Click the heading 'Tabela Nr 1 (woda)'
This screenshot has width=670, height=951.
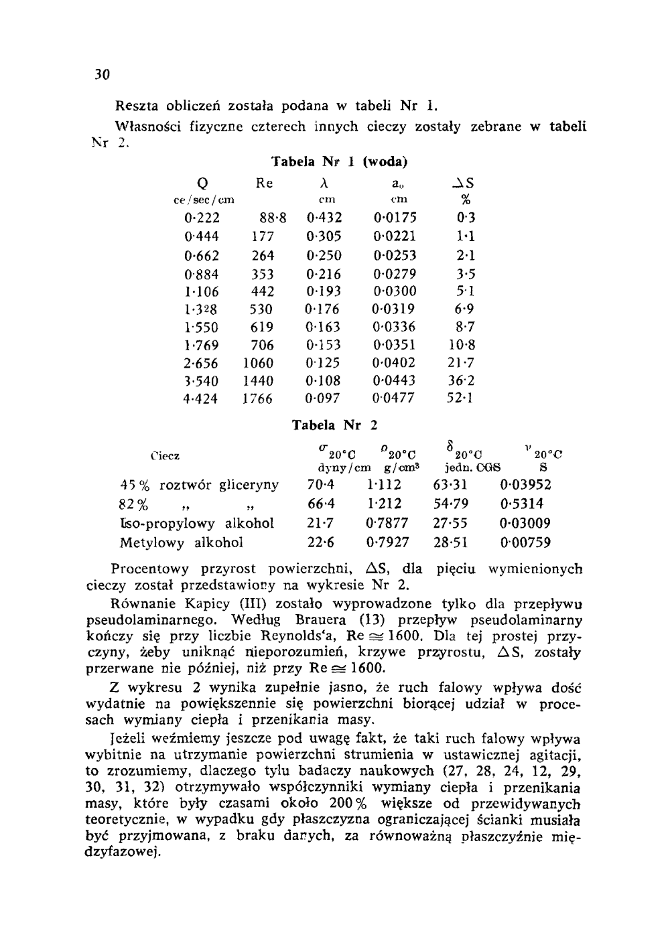pyautogui.click(x=339, y=161)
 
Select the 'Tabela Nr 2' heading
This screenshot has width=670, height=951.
pyautogui.click(x=336, y=425)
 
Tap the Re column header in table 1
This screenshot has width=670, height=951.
pyautogui.click(x=265, y=184)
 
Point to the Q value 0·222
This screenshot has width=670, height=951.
pyautogui.click(x=202, y=218)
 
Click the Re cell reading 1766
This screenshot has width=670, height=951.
pyautogui.click(x=258, y=398)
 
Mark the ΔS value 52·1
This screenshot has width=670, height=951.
pyautogui.click(x=460, y=398)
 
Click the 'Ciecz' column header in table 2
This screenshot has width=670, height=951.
pyautogui.click(x=165, y=456)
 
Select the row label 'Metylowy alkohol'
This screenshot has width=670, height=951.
pyautogui.click(x=182, y=542)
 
